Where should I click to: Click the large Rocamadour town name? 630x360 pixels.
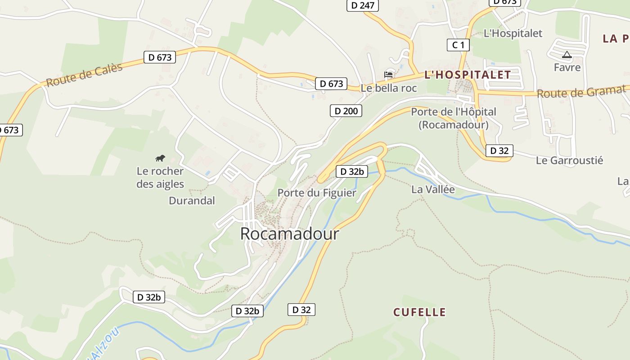point(289,234)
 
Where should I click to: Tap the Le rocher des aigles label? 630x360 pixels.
point(160,178)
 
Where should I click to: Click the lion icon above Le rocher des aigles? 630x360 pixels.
point(160,158)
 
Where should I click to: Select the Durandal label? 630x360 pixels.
point(192,201)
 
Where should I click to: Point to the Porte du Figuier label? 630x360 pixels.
point(317,193)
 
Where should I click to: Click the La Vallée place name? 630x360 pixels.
point(433,189)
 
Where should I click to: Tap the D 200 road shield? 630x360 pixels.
point(346,111)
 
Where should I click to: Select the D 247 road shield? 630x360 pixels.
point(363,5)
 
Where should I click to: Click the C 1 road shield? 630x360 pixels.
point(458,45)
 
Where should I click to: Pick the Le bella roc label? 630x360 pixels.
point(389,88)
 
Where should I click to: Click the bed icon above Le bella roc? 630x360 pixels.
point(389,74)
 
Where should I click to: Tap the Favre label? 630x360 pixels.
point(567,67)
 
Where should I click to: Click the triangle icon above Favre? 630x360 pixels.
point(567,55)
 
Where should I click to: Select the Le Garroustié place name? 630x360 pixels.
point(569,161)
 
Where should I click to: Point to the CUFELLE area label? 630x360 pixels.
point(419,312)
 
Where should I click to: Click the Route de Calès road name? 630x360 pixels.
point(84,75)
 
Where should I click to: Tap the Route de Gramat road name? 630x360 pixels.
point(581,93)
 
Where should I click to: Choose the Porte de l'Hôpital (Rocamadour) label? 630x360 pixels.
point(454,118)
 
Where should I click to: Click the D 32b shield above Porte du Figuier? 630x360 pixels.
point(352,171)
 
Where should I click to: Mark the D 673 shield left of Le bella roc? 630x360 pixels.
point(331,84)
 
